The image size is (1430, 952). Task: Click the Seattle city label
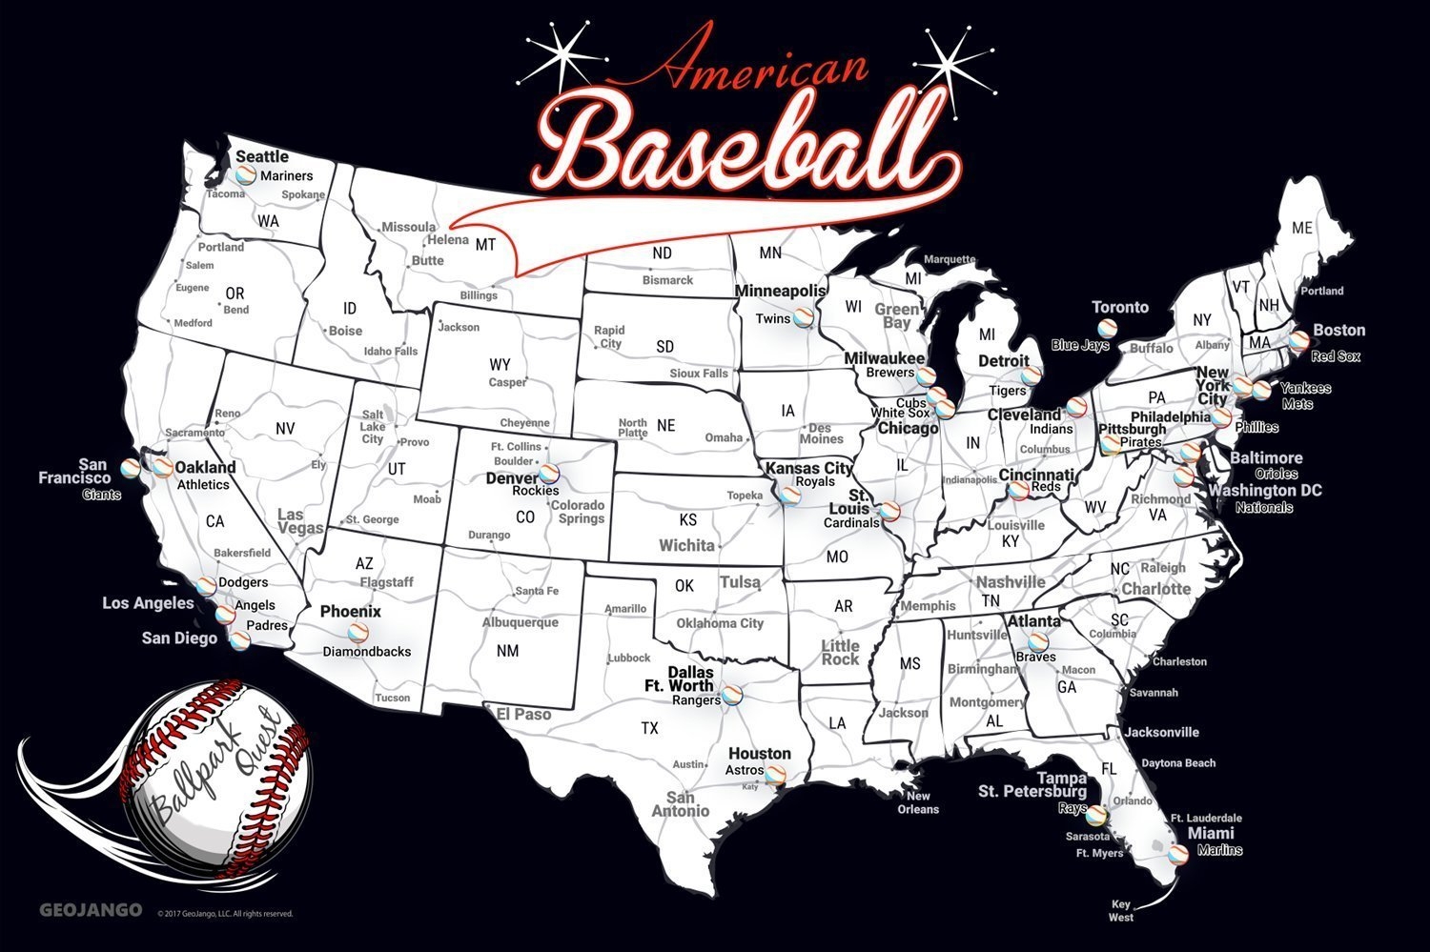pos(261,156)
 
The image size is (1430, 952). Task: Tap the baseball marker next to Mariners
pos(245,174)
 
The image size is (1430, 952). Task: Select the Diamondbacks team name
pos(366,652)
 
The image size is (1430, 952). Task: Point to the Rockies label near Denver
pos(535,491)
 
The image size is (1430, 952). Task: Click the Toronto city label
pos(1120,307)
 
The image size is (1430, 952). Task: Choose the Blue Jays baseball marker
pos(1107,327)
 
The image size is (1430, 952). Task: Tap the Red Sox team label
pos(1335,356)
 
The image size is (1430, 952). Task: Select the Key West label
pos(1121,910)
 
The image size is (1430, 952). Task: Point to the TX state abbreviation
pos(649,728)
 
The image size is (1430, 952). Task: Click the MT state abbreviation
pos(485,245)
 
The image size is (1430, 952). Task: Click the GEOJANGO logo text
pos(91,910)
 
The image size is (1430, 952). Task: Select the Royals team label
pos(815,482)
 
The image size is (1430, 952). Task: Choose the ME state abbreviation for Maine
pos(1301,228)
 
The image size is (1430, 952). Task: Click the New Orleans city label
pos(918,802)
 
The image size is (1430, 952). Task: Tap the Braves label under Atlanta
pos(1035,657)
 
